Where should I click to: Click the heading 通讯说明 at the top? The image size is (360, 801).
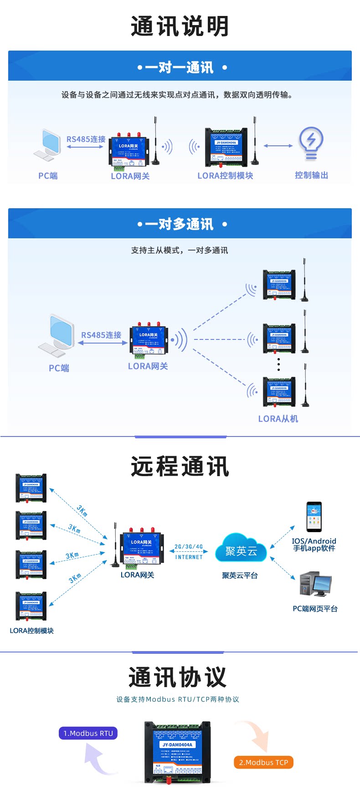coord(180,26)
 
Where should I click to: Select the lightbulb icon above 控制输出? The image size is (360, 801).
coord(311,143)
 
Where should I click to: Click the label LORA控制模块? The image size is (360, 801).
coord(225,176)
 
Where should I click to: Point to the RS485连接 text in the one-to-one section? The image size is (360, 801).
coord(86,139)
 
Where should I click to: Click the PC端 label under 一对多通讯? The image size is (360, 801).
coord(59,368)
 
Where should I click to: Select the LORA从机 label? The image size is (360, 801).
coord(278,419)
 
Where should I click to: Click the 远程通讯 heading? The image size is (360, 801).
coord(180,467)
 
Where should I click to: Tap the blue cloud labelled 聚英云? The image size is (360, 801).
coord(241,550)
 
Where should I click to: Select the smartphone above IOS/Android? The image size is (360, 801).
coord(314,517)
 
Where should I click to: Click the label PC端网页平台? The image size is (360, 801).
coord(315,609)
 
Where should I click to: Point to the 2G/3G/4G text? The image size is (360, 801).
coord(189,547)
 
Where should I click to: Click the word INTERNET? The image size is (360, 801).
coord(189,557)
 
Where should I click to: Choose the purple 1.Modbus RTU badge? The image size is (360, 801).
coord(88,733)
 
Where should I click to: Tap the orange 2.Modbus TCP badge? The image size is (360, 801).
coord(263,762)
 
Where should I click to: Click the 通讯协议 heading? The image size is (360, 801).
coord(177,677)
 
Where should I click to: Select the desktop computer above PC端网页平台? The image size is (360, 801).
coord(315,584)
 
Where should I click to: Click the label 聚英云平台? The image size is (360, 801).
coord(240,575)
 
